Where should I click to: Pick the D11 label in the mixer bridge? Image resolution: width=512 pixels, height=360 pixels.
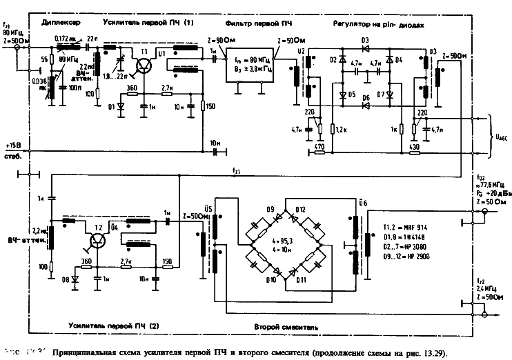(301, 281)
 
